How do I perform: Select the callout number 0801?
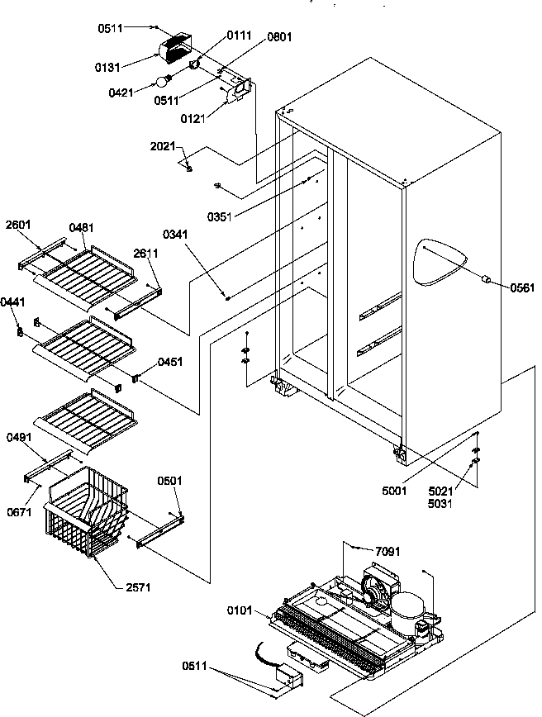point(279,37)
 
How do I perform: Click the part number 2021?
point(163,146)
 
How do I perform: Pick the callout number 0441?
point(12,302)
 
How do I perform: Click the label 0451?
point(170,361)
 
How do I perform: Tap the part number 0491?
point(18,436)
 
